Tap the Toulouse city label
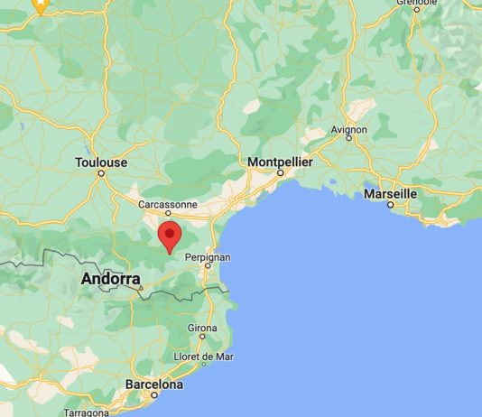pyautogui.click(x=101, y=162)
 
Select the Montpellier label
pyautogui.click(x=280, y=161)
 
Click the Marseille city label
pyautogui.click(x=390, y=193)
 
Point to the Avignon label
pyautogui.click(x=349, y=130)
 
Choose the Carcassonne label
pyautogui.click(x=167, y=205)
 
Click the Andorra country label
pyautogui.click(x=110, y=279)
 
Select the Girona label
pyautogui.click(x=202, y=328)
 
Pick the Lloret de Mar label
pyautogui.click(x=205, y=357)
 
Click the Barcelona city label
pyautogui.click(x=153, y=385)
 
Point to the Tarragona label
pyautogui.click(x=87, y=411)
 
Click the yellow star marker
pyautogui.click(x=41, y=5)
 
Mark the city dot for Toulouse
pyautogui.click(x=101, y=173)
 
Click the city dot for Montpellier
pyautogui.click(x=280, y=171)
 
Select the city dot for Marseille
pyautogui.click(x=390, y=204)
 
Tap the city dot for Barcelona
pyautogui.click(x=154, y=395)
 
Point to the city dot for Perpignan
pyautogui.click(x=208, y=266)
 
